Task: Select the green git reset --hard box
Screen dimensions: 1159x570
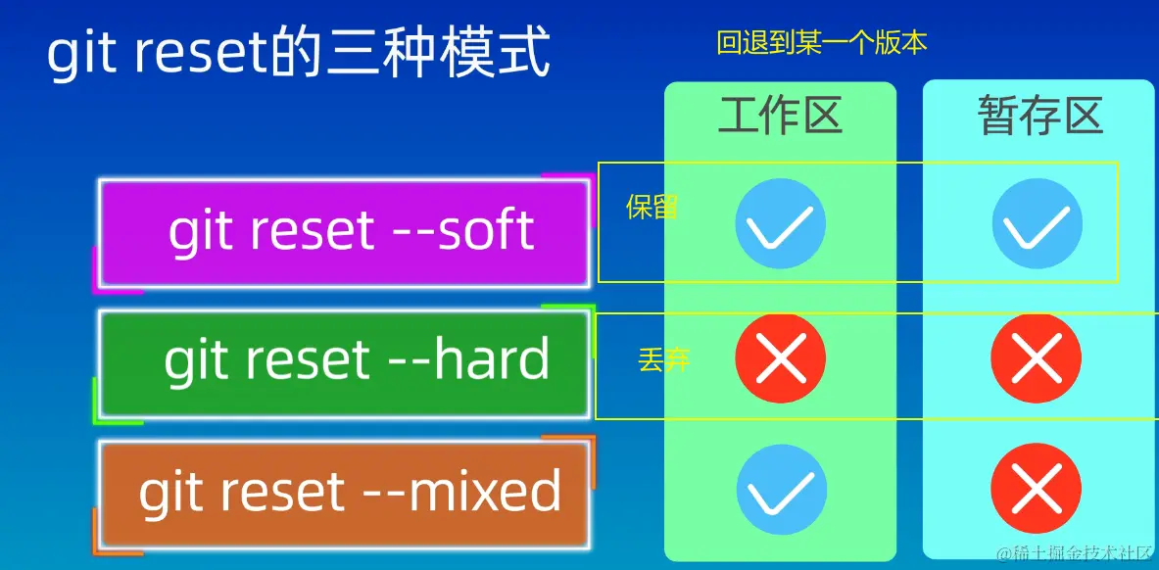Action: tap(345, 363)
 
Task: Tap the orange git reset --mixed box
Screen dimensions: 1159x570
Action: tap(345, 494)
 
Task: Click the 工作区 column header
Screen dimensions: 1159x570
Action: tap(780, 117)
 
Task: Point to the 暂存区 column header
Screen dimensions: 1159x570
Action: tap(1040, 117)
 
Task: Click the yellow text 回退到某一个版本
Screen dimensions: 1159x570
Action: tap(822, 44)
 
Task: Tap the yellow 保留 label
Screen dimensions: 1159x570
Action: tap(652, 207)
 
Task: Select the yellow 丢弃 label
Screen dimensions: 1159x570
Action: tap(663, 360)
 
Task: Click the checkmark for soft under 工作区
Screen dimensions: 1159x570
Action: tap(781, 223)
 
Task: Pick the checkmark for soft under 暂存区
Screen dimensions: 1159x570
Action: tap(1038, 223)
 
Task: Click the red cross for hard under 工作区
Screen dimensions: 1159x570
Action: tap(781, 358)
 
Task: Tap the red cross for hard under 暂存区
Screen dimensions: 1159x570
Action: tap(1037, 358)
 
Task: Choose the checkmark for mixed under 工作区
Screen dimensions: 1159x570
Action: tap(781, 490)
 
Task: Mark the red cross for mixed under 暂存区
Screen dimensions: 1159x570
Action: tap(1037, 490)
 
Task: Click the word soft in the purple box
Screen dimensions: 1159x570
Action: tap(486, 230)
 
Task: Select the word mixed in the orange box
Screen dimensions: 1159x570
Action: tap(485, 491)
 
